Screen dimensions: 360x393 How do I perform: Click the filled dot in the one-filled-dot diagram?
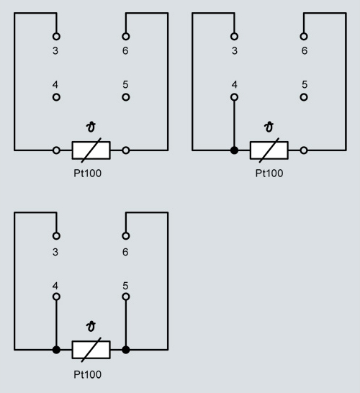234,150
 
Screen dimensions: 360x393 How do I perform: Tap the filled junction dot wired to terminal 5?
126,350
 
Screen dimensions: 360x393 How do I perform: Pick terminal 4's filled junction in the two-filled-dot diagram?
56,350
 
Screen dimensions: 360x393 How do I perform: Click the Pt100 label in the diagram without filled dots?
88,173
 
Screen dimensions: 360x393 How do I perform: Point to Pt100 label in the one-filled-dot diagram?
269,173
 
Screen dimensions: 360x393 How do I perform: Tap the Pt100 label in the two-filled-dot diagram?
88,374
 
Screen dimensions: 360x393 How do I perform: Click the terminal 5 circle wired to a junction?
126,297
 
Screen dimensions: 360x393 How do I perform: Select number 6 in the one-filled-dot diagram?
305,51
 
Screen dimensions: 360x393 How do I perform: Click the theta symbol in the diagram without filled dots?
91,127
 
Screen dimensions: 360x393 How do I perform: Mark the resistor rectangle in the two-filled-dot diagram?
91,350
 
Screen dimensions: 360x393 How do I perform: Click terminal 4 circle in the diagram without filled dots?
56,97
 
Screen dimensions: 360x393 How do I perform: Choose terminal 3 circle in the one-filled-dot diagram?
234,36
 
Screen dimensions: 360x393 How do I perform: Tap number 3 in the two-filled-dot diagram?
55,252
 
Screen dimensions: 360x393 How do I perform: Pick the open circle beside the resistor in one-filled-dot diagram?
304,150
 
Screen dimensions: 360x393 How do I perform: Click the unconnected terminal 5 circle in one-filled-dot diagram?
304,97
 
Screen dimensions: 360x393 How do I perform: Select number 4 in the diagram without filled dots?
55,84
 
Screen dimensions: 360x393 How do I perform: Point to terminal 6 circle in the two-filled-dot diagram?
126,236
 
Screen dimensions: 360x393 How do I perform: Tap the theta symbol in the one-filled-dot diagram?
269,127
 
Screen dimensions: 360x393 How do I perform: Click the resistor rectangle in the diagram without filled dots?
91,150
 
